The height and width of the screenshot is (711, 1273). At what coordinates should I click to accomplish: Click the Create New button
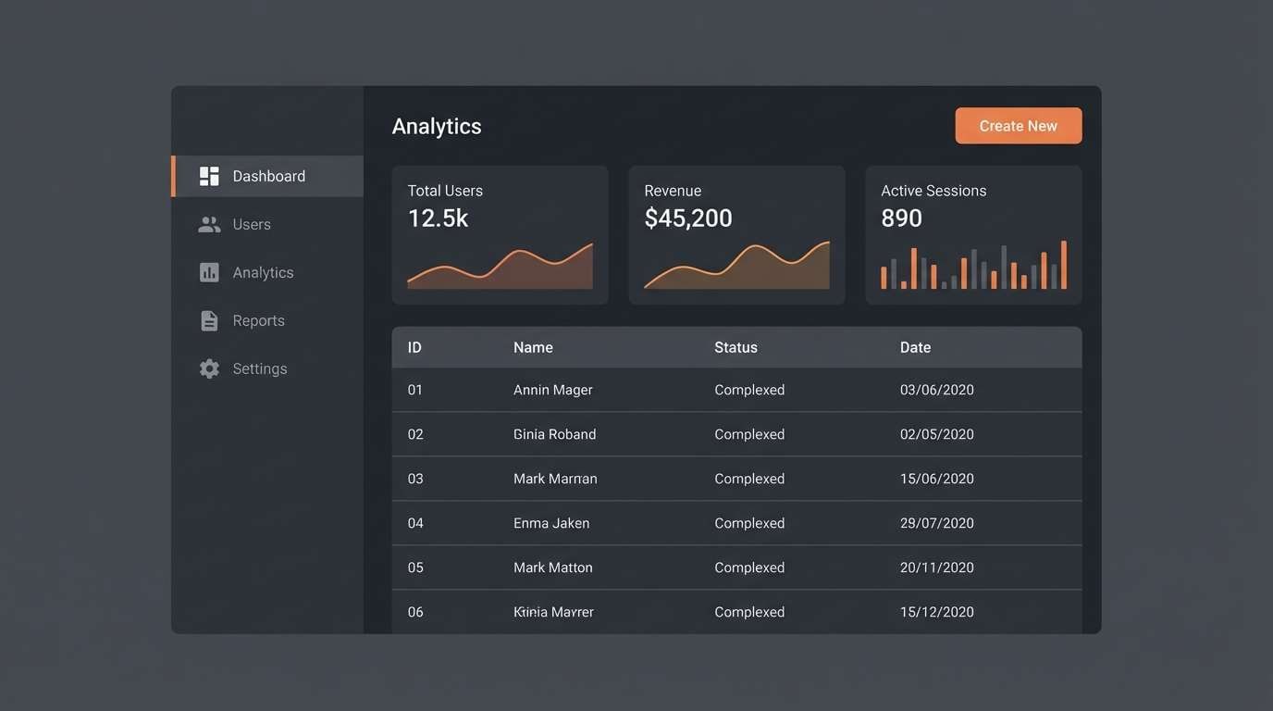[x=1018, y=126]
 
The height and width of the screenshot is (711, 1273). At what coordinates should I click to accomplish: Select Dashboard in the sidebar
[x=268, y=176]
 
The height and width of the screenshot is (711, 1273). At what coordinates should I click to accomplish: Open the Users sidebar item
[x=251, y=224]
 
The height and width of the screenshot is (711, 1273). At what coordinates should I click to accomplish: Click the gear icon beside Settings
[x=210, y=368]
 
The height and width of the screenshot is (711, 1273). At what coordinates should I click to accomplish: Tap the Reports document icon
[x=210, y=320]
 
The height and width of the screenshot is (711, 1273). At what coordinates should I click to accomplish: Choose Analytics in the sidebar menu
[x=263, y=272]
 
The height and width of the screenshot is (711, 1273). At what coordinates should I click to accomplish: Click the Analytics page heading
[x=437, y=126]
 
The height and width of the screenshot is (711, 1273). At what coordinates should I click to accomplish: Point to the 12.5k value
[x=438, y=218]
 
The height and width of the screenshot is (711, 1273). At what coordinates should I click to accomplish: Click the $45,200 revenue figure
[x=688, y=218]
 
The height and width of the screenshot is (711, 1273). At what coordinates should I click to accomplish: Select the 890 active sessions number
[x=901, y=218]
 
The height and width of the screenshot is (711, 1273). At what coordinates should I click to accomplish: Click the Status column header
[x=735, y=347]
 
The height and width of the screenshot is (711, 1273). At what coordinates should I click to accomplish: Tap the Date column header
[x=915, y=347]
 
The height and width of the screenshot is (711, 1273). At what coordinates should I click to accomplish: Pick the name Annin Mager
[x=552, y=390]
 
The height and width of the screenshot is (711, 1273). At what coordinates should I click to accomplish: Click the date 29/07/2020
[x=936, y=523]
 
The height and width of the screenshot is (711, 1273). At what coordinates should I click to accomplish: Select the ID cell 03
[x=415, y=479]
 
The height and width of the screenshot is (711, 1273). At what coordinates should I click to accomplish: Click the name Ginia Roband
[x=554, y=434]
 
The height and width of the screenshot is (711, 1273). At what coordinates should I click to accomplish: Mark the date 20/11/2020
[x=936, y=568]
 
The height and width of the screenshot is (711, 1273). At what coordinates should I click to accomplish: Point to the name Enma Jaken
[x=551, y=523]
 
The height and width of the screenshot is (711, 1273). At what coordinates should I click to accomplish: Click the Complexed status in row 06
[x=749, y=612]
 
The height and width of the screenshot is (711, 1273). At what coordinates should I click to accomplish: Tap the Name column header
[x=533, y=347]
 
